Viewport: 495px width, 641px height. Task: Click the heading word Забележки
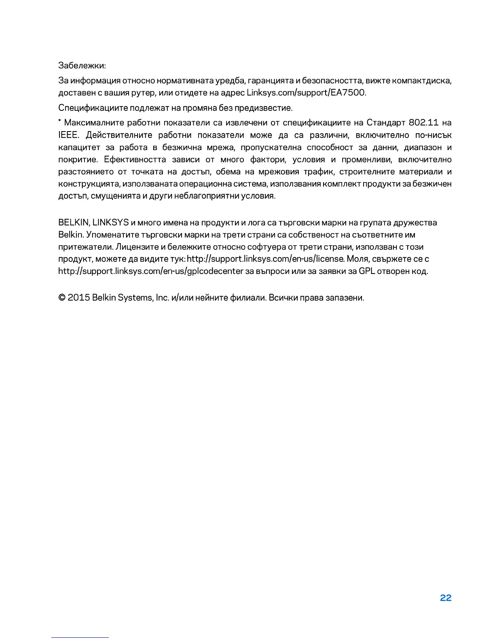coord(82,65)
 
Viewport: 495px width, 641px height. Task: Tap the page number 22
coord(445,598)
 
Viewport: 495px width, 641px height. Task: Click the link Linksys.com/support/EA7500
coord(306,93)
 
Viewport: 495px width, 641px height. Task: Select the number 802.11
coord(423,123)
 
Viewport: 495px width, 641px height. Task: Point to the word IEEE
coord(68,135)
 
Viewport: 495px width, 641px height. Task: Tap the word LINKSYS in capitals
coord(110,223)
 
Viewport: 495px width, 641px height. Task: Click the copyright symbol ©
coord(62,298)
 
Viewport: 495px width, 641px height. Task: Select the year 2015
coord(78,298)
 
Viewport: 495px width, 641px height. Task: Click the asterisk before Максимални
coord(60,121)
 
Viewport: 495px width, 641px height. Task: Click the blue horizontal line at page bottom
coord(80,637)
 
